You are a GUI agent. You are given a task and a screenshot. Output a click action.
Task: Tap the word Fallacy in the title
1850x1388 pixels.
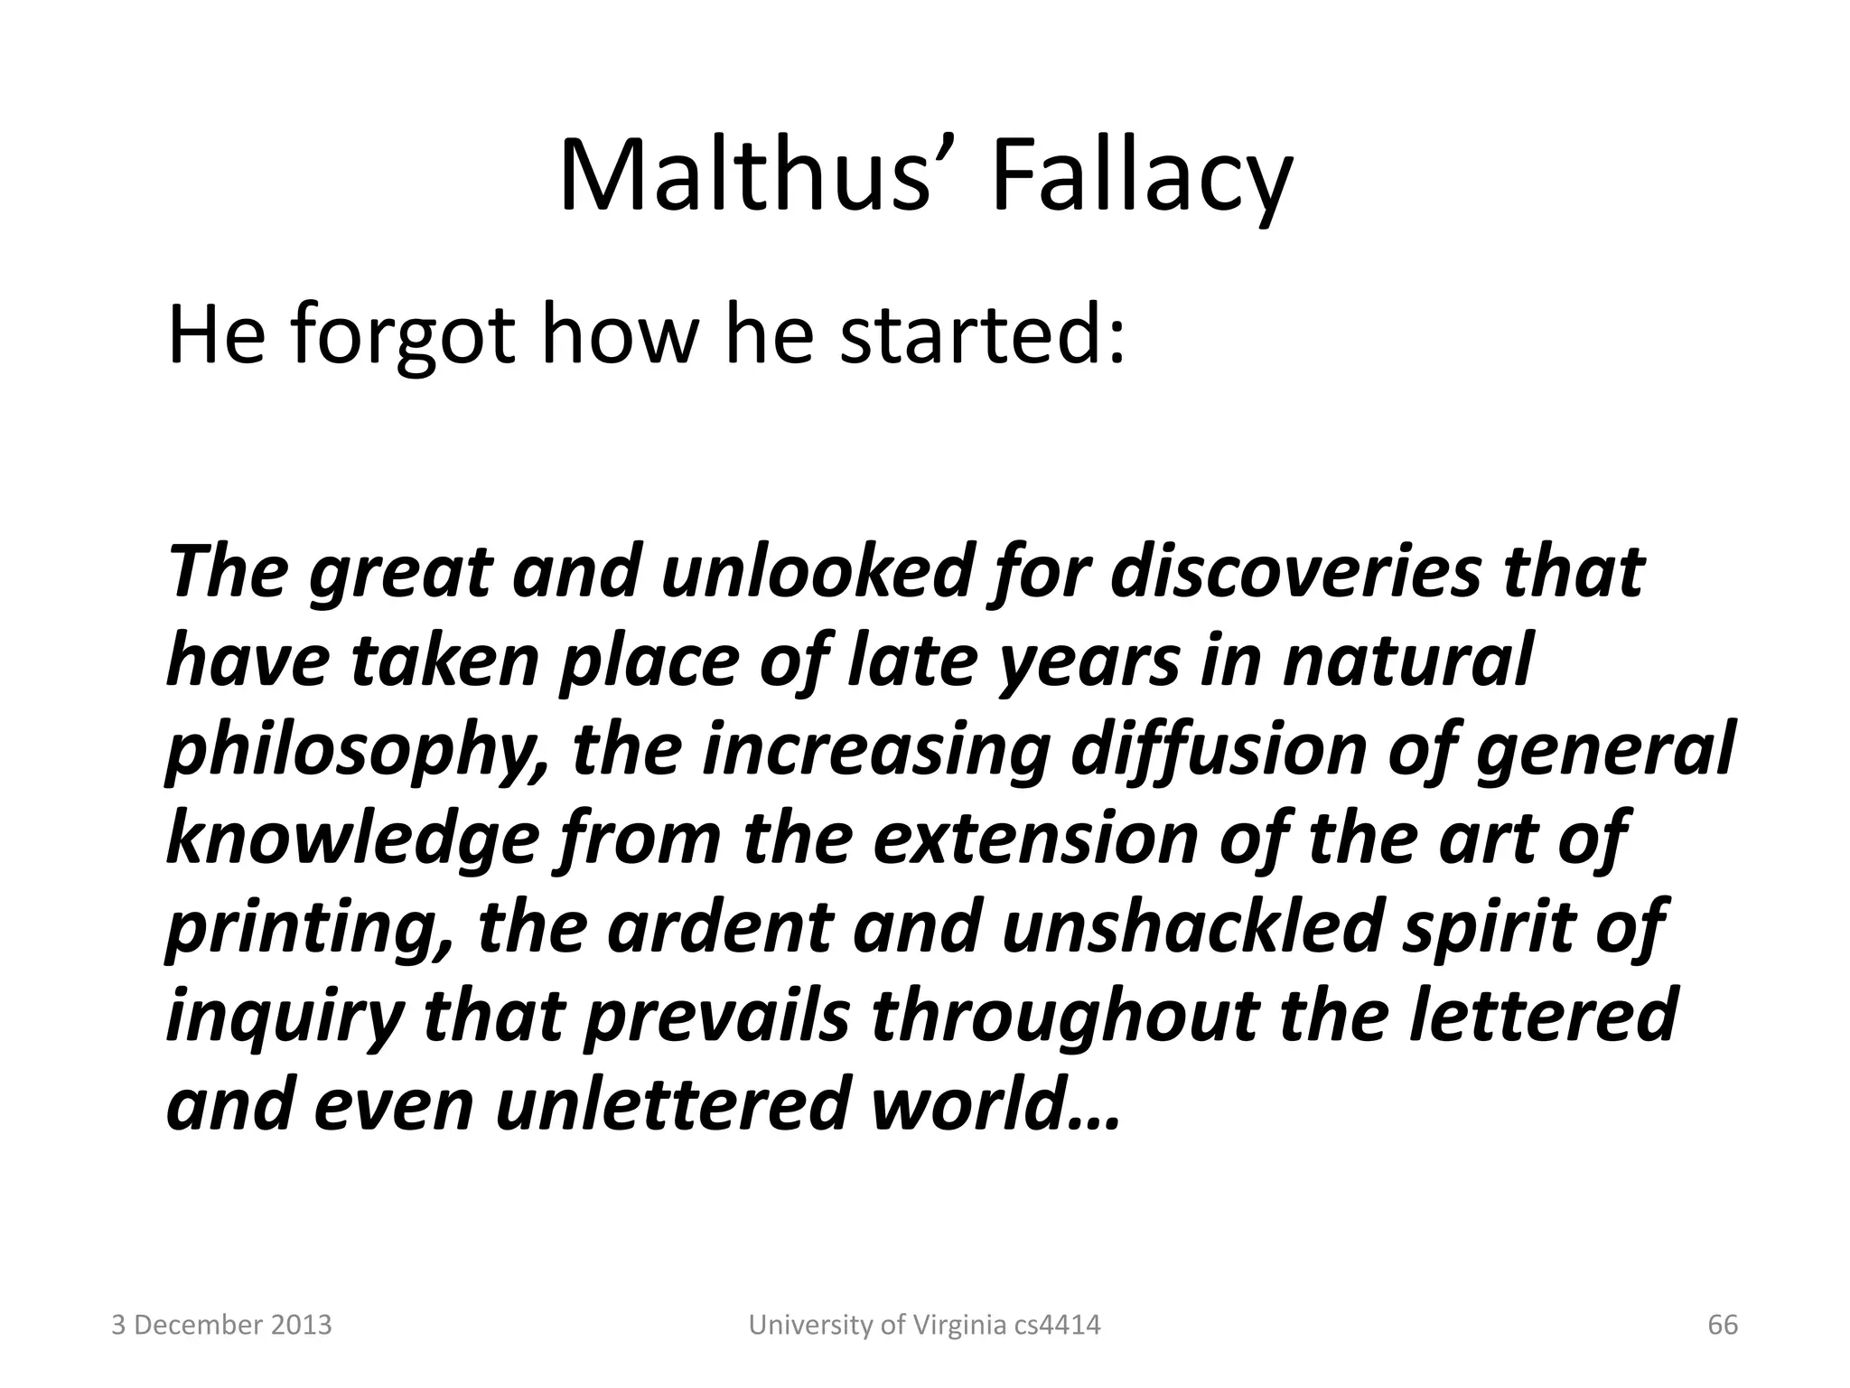coord(1142,181)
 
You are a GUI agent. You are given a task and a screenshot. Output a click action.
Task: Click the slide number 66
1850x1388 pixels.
coord(1723,1326)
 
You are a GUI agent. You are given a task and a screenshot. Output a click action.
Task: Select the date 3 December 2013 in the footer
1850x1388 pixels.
coord(221,1326)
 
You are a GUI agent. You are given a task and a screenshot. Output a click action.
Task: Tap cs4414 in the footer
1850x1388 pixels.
coord(1057,1326)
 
